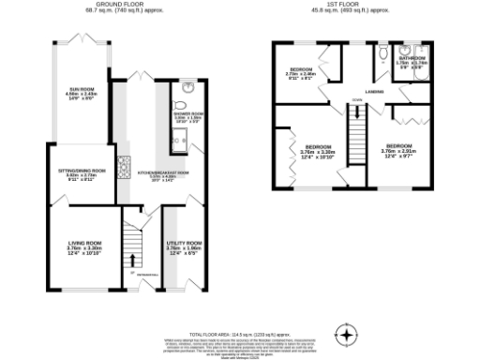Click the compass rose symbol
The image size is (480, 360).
346,335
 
